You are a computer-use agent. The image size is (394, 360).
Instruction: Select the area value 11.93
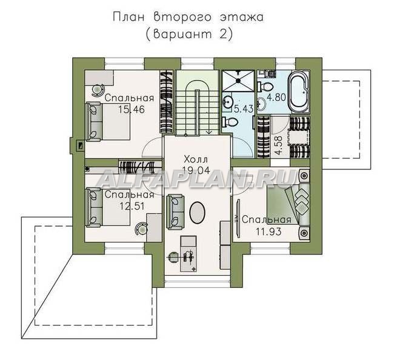(x=269, y=231)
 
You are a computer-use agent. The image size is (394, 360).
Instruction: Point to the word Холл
(x=196, y=159)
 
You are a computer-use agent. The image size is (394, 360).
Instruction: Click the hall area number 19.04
(x=196, y=170)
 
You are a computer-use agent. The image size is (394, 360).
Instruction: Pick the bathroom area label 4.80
(x=276, y=97)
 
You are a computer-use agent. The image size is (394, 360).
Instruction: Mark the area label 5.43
(x=244, y=108)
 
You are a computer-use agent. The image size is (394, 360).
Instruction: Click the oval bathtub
(x=299, y=92)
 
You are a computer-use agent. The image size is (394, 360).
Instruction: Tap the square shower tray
(x=238, y=81)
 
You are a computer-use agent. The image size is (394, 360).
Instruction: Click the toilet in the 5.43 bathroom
(x=230, y=122)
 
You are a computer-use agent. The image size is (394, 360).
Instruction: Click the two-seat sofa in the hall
(x=175, y=212)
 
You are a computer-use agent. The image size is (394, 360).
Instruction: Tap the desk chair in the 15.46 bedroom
(x=98, y=90)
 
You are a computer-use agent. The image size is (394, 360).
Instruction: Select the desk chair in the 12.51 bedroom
(x=142, y=229)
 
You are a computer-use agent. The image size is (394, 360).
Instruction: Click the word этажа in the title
(x=242, y=18)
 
